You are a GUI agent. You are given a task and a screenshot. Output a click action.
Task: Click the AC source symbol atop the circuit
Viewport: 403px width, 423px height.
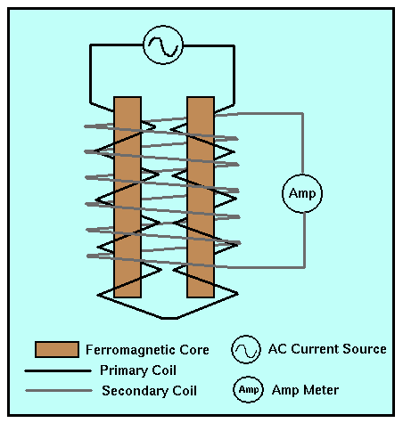click(x=163, y=45)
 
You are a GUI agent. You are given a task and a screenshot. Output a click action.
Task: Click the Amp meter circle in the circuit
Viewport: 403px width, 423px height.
click(x=302, y=193)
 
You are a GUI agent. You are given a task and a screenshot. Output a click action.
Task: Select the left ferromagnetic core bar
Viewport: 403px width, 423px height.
click(x=127, y=197)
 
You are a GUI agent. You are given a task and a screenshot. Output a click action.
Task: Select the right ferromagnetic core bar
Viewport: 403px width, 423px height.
click(x=201, y=197)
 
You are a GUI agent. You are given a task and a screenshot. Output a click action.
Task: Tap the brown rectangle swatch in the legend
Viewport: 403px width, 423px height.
click(x=57, y=349)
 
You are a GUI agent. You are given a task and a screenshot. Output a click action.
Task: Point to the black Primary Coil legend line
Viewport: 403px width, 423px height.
click(x=58, y=370)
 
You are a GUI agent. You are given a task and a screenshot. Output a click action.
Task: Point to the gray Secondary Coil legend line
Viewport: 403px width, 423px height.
click(x=59, y=391)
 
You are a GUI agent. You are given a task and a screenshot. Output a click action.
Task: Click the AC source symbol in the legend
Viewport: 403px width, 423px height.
click(x=246, y=350)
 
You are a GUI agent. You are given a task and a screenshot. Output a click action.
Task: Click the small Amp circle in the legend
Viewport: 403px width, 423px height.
click(x=248, y=389)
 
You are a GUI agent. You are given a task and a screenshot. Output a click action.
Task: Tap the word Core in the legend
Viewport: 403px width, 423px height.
click(x=194, y=350)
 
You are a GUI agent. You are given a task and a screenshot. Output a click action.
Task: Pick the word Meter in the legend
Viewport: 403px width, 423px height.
click(x=323, y=390)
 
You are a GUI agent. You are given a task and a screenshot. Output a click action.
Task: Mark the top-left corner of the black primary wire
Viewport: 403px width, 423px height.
click(x=90, y=45)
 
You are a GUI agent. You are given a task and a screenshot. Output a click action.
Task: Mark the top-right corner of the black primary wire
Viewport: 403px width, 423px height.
click(x=234, y=46)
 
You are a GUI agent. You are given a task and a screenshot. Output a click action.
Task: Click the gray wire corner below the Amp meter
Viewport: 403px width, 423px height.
click(x=304, y=267)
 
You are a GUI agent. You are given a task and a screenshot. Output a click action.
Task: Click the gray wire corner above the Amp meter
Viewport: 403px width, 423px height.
click(x=302, y=113)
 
